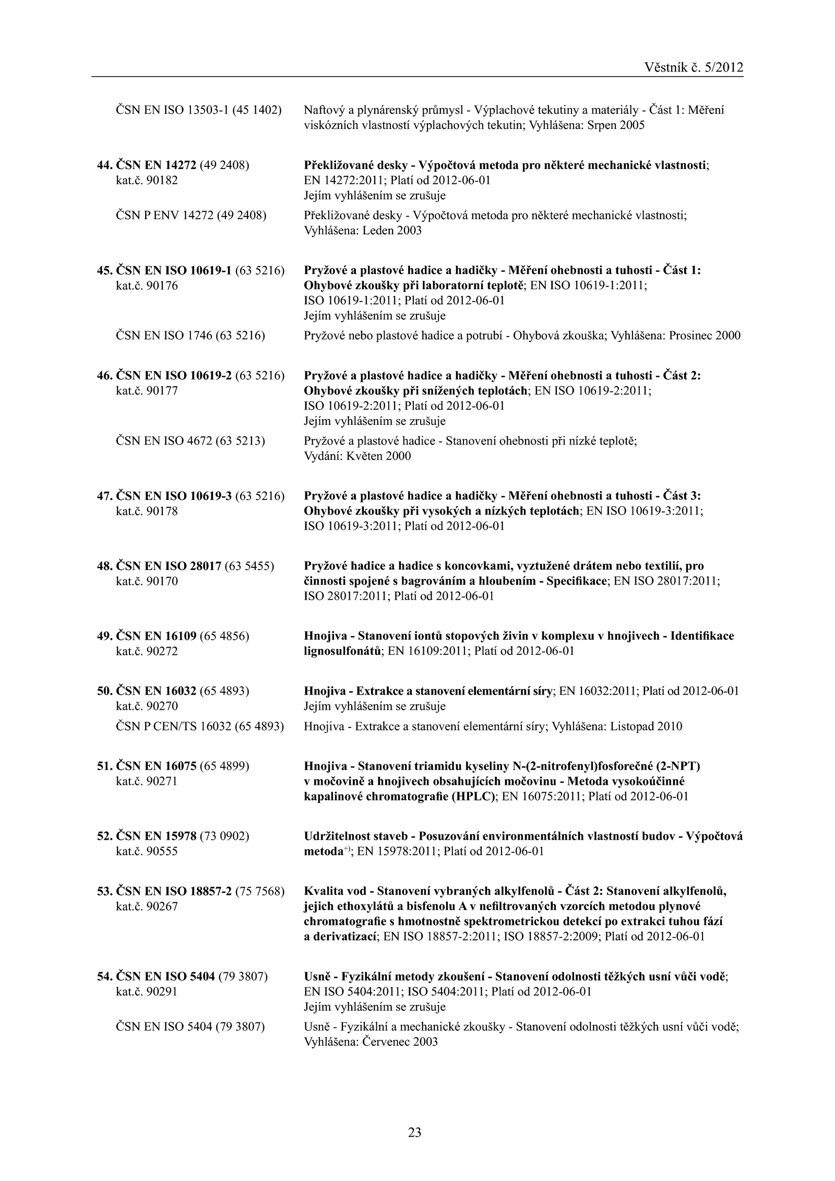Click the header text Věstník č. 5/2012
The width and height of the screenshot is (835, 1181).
click(694, 67)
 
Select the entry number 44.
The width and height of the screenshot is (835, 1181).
click(105, 166)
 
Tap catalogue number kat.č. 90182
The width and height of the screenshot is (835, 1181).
click(147, 181)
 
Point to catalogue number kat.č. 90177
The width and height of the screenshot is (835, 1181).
click(147, 390)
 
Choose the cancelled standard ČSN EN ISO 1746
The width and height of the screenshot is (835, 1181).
click(164, 336)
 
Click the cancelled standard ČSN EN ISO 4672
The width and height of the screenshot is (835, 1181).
click(164, 441)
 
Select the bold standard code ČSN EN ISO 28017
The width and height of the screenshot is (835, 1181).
click(168, 566)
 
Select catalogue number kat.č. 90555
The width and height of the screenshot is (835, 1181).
click(147, 851)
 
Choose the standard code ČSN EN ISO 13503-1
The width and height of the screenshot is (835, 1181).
click(172, 110)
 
